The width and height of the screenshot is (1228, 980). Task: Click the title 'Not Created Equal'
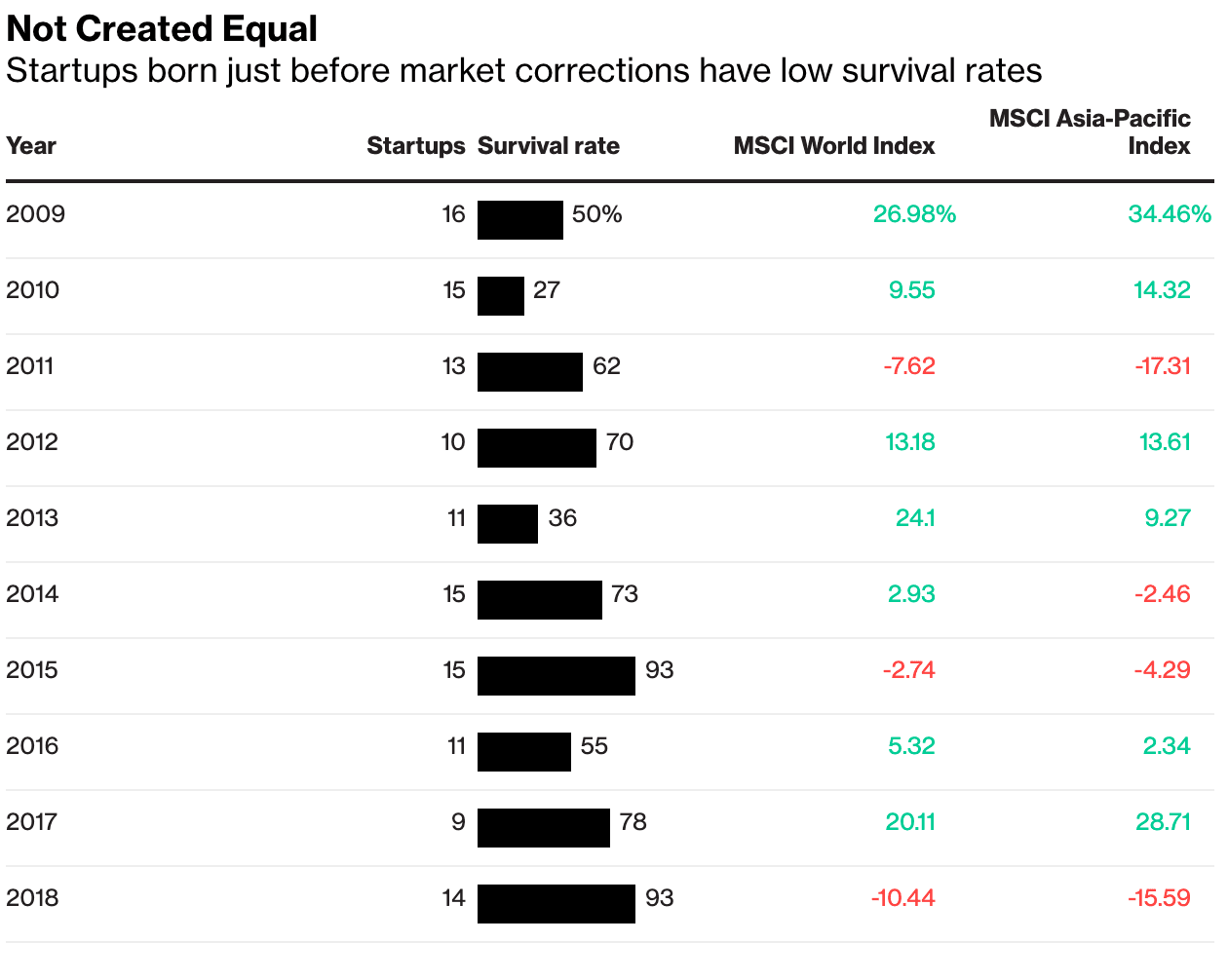162,29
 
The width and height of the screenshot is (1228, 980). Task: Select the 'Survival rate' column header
548,146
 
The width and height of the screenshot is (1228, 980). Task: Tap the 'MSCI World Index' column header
833,146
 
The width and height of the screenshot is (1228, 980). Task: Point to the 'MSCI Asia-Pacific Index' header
1090,132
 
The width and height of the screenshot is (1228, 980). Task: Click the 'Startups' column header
416,146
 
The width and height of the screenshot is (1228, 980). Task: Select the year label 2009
35,214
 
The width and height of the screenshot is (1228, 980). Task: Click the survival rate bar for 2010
500,296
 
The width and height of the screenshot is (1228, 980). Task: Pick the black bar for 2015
556,676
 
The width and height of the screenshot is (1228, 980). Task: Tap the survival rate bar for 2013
507,524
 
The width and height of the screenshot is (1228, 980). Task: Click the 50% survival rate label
596,214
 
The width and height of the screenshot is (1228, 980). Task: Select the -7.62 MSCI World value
908,366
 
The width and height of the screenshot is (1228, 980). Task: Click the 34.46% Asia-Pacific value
1169,214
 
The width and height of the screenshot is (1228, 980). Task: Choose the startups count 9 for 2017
458,822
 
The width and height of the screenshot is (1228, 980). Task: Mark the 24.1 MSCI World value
915,518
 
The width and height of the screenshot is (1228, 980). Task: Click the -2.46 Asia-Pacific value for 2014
1162,594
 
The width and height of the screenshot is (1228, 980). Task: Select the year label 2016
32,746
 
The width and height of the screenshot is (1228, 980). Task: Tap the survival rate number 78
633,822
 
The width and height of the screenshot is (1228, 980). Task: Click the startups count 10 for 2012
453,442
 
